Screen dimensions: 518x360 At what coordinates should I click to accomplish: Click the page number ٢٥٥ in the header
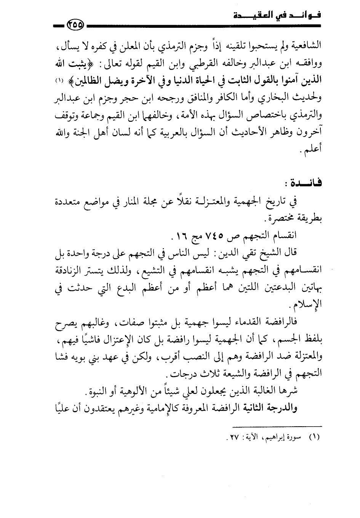pyautogui.click(x=76, y=25)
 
